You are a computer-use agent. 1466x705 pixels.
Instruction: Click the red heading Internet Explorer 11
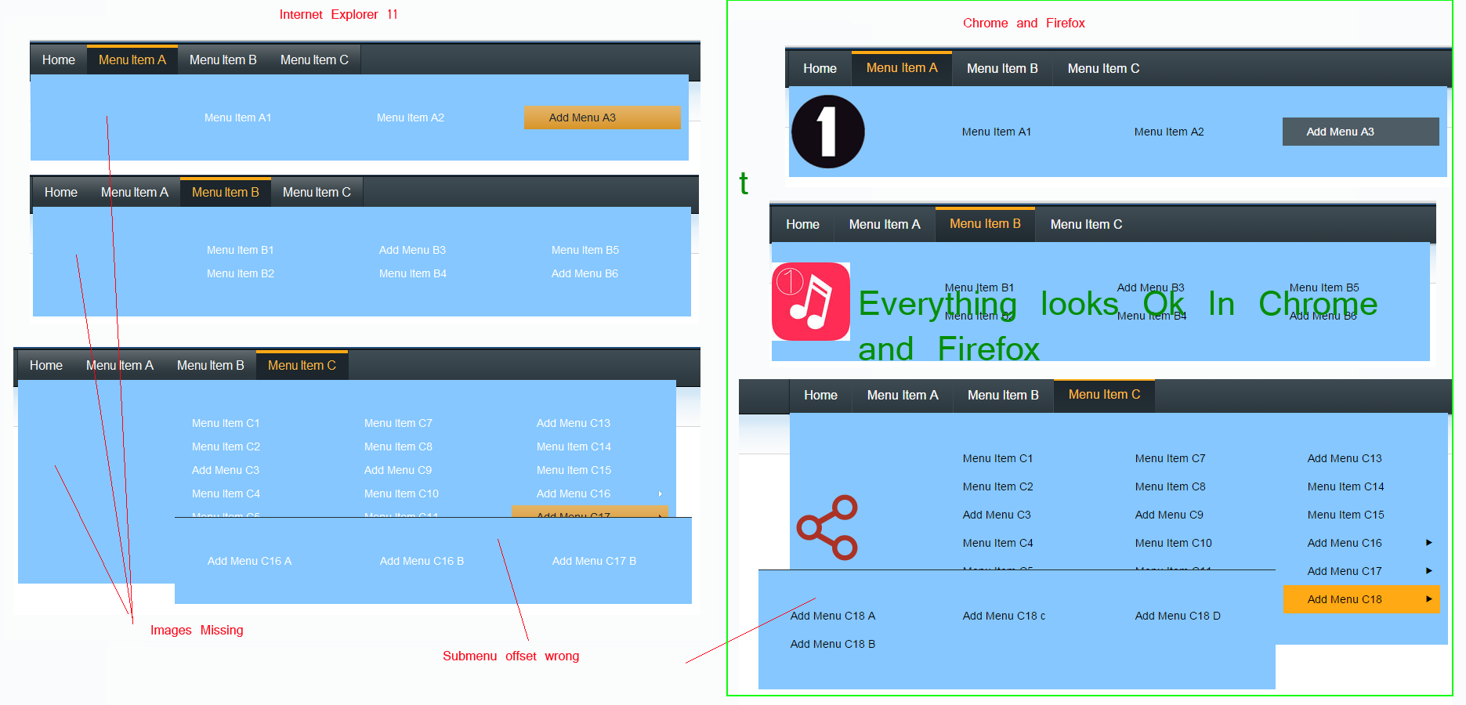338,15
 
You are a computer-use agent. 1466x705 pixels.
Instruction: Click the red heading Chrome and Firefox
1023,23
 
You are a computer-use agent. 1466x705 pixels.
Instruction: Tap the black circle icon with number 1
827,132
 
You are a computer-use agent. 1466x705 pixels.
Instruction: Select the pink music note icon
811,302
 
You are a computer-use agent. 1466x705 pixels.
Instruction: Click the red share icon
827,527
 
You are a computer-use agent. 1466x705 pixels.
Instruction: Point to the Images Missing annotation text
197,631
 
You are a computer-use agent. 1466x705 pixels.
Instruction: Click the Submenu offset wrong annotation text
510,656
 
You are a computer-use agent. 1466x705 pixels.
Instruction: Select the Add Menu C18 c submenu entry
1004,616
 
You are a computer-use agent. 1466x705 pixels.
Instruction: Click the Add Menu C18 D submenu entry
1177,616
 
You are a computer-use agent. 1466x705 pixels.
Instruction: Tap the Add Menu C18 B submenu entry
832,644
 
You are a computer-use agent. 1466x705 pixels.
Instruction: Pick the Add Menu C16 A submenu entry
249,561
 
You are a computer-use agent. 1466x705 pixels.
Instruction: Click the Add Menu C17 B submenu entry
594,561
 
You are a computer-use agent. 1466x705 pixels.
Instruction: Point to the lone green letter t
744,183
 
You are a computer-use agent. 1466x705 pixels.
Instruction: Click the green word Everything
937,304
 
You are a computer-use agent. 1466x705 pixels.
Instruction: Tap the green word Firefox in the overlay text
988,349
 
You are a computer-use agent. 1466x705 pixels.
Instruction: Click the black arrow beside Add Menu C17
1428,571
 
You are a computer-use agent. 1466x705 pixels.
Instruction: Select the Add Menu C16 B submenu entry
422,561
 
